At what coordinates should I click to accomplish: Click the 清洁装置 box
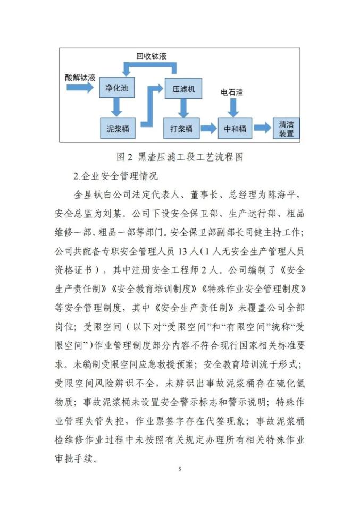coord(286,128)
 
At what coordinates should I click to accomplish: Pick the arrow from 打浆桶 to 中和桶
coord(209,128)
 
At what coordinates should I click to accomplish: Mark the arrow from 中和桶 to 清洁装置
coord(261,128)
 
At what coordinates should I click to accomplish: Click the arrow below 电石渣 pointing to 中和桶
coord(233,108)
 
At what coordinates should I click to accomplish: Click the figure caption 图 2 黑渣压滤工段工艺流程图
coord(180,156)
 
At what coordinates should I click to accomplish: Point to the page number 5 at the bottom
coord(180,469)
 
